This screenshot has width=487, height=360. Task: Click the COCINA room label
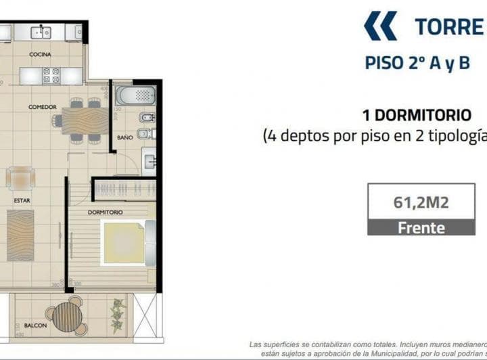[x=41, y=54]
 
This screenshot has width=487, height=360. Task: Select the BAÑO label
[x=124, y=137]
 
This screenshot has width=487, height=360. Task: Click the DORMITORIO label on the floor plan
[x=106, y=212]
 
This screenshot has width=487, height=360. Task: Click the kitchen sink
[x=42, y=31]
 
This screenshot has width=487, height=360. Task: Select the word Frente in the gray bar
[x=421, y=227]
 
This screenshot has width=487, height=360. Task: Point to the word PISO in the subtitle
[x=384, y=64]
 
